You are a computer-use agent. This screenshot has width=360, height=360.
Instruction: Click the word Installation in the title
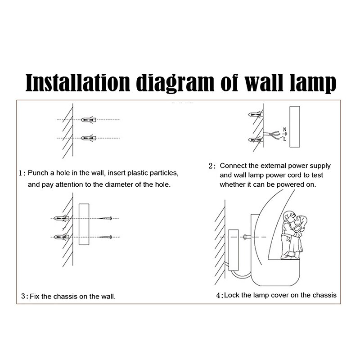coord(77,83)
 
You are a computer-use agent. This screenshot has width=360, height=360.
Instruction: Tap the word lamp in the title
coord(313,84)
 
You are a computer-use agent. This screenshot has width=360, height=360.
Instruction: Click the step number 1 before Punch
coord(21,173)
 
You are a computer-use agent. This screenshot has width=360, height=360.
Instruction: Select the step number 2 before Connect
coord(211,166)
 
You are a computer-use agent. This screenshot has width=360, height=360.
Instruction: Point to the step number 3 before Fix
coord(23,296)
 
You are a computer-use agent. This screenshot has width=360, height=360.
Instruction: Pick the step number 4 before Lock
coord(218,295)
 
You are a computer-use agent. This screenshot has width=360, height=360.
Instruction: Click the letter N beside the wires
coord(285,130)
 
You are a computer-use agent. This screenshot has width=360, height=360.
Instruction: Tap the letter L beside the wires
coord(285,139)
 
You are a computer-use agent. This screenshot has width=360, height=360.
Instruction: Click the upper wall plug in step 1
coord(88,120)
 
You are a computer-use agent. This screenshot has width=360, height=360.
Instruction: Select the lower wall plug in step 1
coord(88,138)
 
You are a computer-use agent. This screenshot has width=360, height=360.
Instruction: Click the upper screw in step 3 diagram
coord(105,218)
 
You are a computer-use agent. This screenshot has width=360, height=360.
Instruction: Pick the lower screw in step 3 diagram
coord(105,237)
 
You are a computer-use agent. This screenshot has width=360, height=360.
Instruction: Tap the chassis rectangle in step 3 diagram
coord(84,224)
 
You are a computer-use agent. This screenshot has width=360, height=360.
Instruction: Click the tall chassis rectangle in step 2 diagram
coord(295,127)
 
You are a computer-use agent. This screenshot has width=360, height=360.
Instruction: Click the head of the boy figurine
coord(288,217)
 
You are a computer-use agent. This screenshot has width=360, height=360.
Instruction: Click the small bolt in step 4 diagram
coord(246,237)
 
